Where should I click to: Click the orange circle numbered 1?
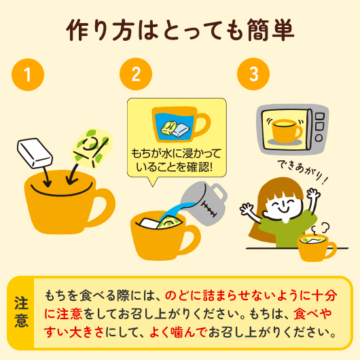click(x=27, y=75)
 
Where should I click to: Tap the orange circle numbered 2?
click(x=135, y=75)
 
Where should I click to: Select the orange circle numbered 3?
click(x=253, y=75)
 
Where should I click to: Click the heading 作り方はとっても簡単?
click(x=181, y=31)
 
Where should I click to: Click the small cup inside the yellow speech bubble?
click(x=180, y=125)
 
